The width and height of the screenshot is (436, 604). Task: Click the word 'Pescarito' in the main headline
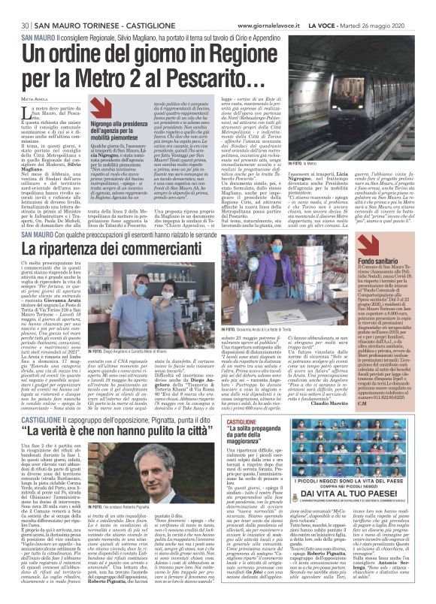click(x=220, y=77)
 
